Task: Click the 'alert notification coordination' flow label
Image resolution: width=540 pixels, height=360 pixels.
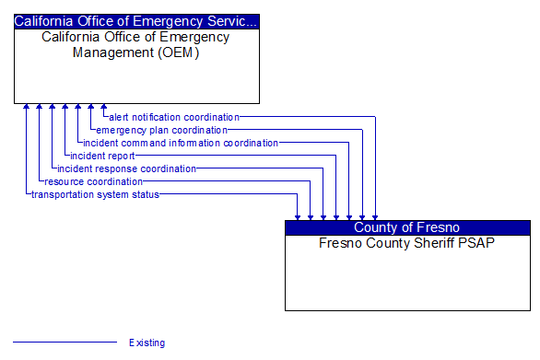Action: point(173,117)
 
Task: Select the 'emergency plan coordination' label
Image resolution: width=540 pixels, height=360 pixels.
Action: point(161,130)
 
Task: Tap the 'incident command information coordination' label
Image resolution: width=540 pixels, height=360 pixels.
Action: point(180,143)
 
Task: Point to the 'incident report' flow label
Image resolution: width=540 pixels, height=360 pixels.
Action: point(102,156)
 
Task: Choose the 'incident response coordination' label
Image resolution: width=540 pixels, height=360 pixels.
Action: point(126,168)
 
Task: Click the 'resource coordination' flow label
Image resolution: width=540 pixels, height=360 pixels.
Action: point(93,181)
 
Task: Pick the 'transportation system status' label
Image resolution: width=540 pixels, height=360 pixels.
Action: point(95,194)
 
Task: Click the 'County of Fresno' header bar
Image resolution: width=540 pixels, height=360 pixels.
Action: point(407,227)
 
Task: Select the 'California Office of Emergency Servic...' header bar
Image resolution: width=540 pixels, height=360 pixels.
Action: point(136,20)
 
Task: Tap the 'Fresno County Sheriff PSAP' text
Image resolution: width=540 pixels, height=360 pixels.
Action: point(407,243)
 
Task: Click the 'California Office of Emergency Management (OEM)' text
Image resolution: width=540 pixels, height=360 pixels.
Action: point(136,44)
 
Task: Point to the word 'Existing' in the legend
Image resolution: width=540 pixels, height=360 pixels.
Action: point(147,343)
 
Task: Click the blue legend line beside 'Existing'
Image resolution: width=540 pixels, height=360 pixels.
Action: point(65,343)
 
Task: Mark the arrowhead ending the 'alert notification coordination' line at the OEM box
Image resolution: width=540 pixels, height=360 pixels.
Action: point(104,108)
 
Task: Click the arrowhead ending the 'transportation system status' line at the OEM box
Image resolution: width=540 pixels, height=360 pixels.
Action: point(27,108)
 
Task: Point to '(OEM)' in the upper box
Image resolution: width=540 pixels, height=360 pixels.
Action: point(181,52)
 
